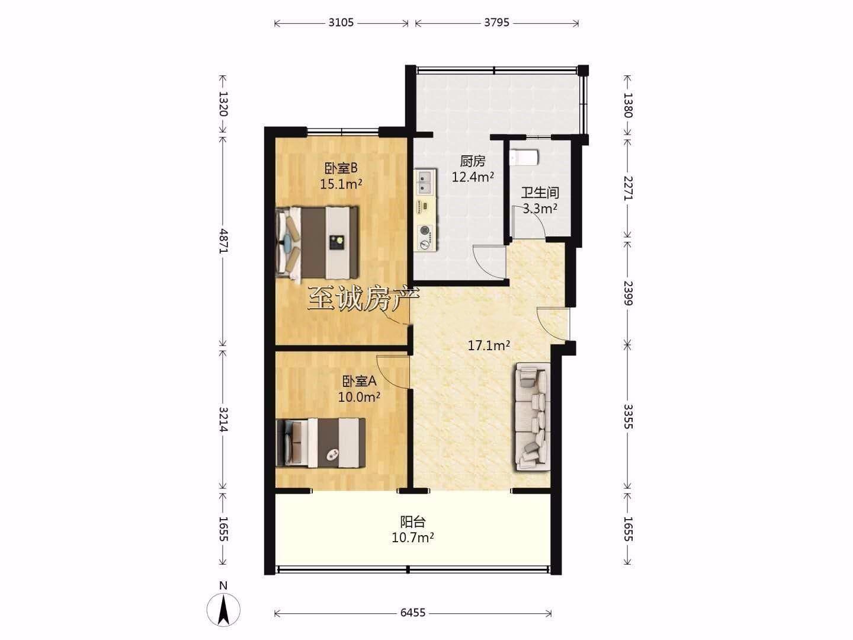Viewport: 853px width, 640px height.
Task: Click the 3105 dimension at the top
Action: coord(341,23)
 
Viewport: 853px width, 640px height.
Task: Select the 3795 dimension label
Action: coord(496,23)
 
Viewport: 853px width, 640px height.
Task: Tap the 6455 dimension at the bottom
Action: coord(413,613)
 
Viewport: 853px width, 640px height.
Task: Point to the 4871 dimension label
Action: coord(223,241)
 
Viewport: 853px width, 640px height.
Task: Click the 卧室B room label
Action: coord(341,168)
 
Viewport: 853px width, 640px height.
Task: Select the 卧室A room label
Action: coord(359,381)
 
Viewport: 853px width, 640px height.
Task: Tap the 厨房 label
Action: coord(473,161)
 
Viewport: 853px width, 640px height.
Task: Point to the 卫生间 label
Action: coord(540,193)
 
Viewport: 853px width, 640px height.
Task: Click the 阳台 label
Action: coord(413,522)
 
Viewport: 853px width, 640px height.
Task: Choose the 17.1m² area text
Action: coord(489,345)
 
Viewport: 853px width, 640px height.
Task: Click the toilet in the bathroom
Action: coord(524,157)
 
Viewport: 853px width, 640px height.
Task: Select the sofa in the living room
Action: coord(533,417)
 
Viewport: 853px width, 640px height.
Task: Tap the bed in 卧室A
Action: coord(320,443)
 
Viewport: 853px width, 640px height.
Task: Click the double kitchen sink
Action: coord(426,182)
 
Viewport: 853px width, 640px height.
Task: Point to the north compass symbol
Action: coord(223,610)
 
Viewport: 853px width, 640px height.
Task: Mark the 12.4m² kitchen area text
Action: coord(473,177)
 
